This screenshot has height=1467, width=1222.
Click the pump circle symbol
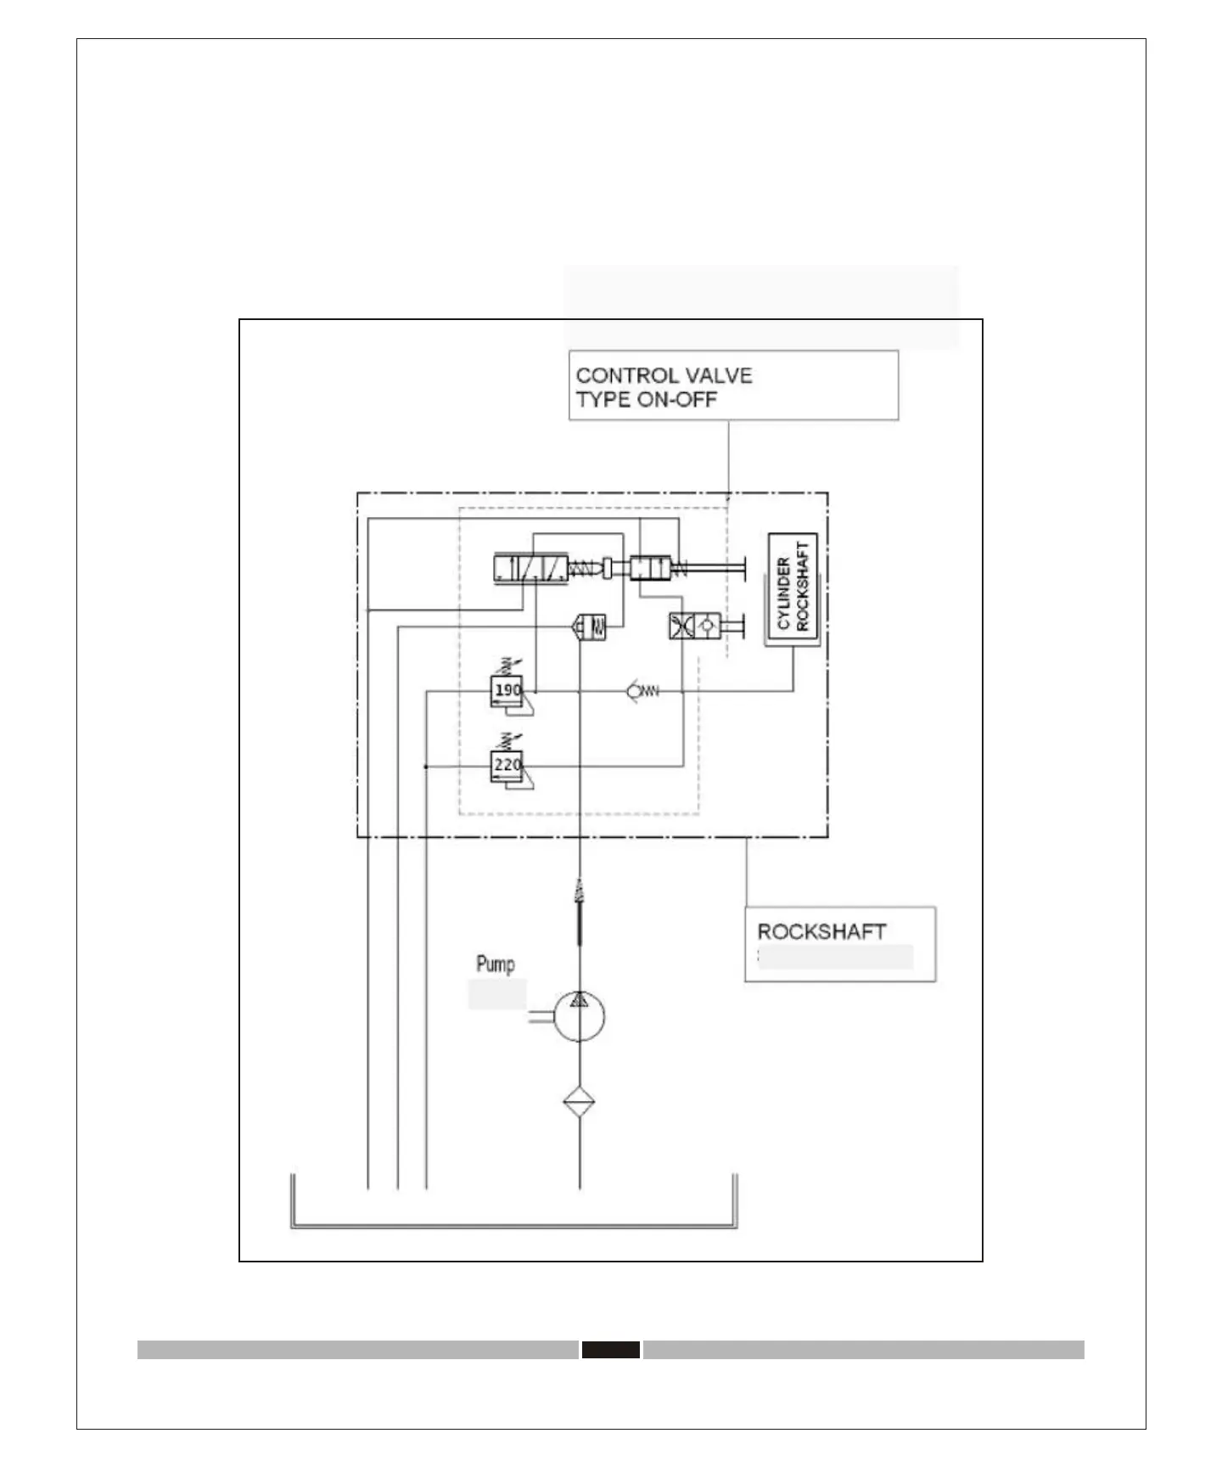point(579,1015)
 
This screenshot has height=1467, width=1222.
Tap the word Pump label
point(495,964)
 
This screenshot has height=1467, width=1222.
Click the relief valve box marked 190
point(507,690)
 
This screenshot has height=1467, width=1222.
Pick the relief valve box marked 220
point(507,765)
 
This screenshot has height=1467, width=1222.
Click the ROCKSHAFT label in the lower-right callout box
point(821,931)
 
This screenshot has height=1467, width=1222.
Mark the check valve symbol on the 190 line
point(642,692)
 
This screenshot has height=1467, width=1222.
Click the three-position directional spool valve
point(530,568)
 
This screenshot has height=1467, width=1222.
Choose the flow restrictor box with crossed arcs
point(681,627)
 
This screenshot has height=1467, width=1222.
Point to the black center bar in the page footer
point(610,1349)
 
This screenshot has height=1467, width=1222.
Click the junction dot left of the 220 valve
point(425,767)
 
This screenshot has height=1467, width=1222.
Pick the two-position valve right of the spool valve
point(651,567)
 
